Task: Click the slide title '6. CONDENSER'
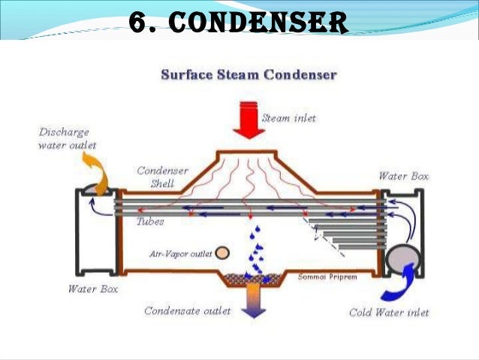(x=239, y=23)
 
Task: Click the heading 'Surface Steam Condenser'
(x=249, y=76)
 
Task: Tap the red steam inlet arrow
(x=249, y=119)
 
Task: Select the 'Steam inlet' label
(x=289, y=118)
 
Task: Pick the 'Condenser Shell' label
(x=162, y=177)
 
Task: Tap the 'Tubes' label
(x=151, y=222)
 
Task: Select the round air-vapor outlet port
(x=223, y=253)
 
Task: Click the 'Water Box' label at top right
(x=403, y=177)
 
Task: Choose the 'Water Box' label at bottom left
(x=92, y=288)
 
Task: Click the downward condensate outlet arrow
(x=254, y=301)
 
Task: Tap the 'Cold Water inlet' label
(x=389, y=312)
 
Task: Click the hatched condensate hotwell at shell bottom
(x=254, y=277)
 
